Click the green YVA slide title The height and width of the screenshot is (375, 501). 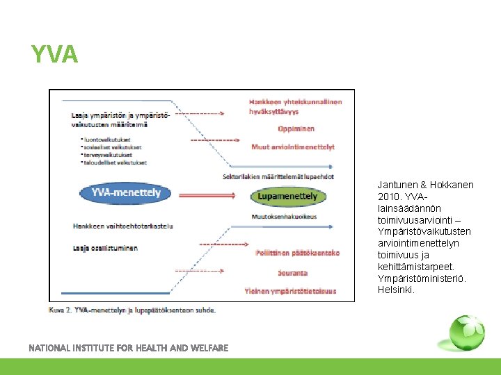(x=54, y=53)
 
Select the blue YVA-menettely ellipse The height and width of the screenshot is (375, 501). (x=126, y=193)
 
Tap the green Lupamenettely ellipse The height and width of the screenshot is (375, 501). (x=287, y=197)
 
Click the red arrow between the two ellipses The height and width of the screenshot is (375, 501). (x=206, y=195)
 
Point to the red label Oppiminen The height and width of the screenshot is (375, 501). (x=296, y=128)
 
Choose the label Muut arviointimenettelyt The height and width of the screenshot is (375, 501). (x=293, y=147)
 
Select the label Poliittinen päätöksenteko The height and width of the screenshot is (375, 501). (x=297, y=253)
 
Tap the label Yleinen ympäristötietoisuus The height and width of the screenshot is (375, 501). (x=290, y=291)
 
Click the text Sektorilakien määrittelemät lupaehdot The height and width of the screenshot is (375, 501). (x=278, y=176)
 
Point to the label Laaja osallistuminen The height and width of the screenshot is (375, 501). (x=104, y=248)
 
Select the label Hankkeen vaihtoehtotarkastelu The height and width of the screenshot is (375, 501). (x=122, y=226)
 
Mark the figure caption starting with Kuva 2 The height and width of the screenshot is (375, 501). (x=132, y=310)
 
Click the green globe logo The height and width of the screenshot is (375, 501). (x=466, y=333)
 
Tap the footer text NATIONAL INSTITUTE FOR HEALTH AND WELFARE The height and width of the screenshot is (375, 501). (x=128, y=348)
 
